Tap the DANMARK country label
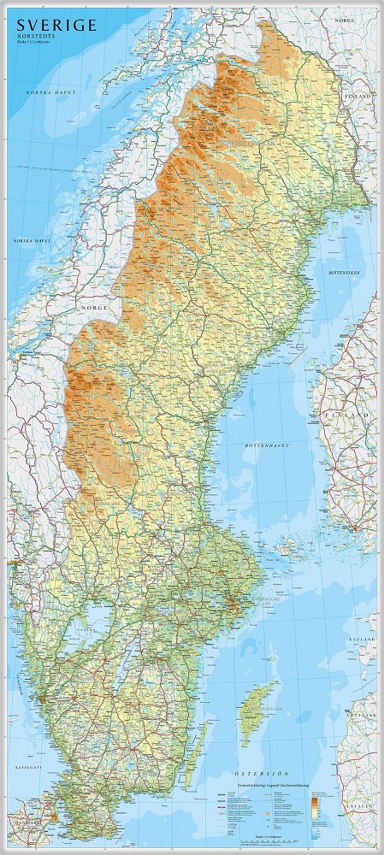(21, 823)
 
